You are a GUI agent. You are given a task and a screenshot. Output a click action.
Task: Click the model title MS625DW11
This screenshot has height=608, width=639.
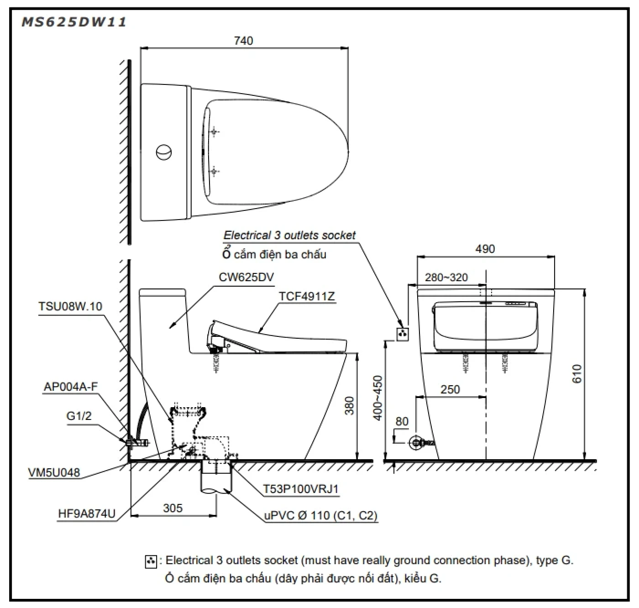pos(74,22)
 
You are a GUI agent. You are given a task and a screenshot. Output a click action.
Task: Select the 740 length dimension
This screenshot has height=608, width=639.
pos(243,41)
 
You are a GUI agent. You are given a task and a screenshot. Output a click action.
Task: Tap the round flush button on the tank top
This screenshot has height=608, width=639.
pos(163,152)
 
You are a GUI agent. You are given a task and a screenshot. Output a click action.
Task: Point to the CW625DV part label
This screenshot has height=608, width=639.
pos(246,278)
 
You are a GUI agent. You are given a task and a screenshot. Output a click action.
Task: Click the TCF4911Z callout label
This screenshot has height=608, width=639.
pos(307,296)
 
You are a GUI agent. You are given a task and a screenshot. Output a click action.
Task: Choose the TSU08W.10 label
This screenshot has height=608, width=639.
pos(70,306)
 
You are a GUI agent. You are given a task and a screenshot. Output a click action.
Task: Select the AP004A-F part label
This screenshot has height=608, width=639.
pos(71,387)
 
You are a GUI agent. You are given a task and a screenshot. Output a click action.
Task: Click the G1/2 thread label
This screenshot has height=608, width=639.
pos(79,415)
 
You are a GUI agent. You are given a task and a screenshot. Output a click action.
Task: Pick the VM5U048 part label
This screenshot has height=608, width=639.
pos(54,472)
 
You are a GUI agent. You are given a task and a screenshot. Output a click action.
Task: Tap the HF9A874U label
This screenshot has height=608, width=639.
pos(87,514)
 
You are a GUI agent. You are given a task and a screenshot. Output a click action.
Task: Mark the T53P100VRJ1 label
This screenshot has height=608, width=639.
pos(301,489)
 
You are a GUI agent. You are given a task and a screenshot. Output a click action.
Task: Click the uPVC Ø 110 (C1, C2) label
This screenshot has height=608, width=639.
pos(321,515)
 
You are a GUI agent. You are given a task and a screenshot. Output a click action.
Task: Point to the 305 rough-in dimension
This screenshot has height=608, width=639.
pos(173,508)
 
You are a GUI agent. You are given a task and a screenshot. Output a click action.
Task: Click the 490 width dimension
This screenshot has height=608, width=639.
pos(485,249)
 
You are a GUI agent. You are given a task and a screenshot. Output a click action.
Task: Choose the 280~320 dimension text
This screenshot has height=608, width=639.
pos(446,278)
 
